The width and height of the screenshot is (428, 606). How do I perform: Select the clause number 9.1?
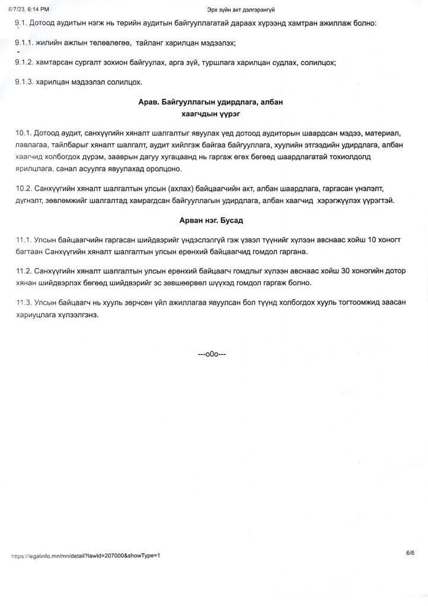(x=21, y=23)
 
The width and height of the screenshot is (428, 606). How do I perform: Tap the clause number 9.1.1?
(x=25, y=44)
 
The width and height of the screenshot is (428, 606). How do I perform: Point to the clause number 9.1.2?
(x=25, y=62)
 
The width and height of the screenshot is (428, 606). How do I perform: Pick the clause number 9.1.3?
(x=25, y=82)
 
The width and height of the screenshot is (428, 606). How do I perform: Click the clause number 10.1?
(x=24, y=132)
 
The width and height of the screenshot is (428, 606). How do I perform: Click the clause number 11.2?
(x=24, y=270)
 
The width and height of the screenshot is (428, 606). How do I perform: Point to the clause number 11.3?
(x=24, y=302)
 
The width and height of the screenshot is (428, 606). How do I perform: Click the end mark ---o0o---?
(x=212, y=354)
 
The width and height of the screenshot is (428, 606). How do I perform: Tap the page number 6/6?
(x=410, y=553)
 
